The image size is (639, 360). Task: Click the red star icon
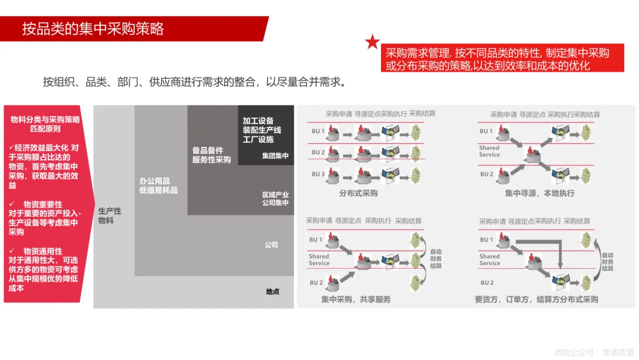[x=372, y=42]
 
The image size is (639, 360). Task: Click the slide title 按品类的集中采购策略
[x=93, y=28]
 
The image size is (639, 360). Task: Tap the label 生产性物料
[x=109, y=216]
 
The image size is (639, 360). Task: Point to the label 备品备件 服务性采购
[x=211, y=155]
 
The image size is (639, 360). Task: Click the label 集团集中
[x=275, y=156]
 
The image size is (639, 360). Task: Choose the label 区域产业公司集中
[x=275, y=198]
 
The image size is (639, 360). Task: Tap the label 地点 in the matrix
[x=272, y=291]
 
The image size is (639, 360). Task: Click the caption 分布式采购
[x=358, y=193]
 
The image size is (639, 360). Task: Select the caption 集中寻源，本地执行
[x=539, y=193]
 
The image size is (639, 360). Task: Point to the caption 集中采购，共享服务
[x=356, y=299]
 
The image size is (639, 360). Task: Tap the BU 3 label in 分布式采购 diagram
[x=318, y=174]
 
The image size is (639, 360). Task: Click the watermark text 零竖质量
[x=618, y=352]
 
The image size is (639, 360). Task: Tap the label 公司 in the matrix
[x=271, y=245]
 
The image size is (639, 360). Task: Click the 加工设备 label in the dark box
[x=258, y=121]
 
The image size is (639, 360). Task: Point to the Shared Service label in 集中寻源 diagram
[x=489, y=151]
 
